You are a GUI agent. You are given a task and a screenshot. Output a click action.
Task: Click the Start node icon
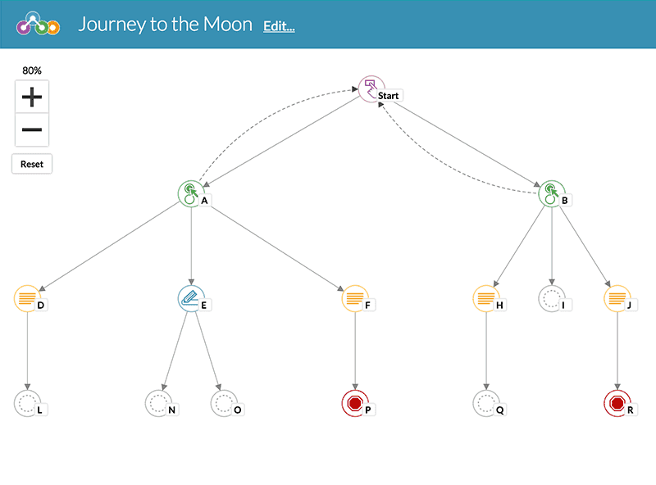tap(371, 88)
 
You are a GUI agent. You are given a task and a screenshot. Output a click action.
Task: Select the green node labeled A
tap(190, 193)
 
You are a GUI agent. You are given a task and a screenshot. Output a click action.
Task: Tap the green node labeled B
tap(551, 193)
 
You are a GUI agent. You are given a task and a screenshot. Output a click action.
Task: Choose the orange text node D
tap(26, 297)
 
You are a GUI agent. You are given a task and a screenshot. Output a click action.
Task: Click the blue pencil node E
tap(190, 297)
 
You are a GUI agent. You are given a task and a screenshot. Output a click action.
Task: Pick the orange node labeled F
tap(354, 297)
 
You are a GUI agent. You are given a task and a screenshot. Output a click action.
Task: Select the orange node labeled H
tap(485, 297)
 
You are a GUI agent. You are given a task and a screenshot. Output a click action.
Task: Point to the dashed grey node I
tap(551, 297)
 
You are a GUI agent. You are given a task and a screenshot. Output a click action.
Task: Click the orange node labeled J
tap(617, 297)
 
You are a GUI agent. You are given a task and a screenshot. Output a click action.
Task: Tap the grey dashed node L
tap(26, 402)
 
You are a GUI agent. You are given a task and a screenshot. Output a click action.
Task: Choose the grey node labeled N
tap(157, 402)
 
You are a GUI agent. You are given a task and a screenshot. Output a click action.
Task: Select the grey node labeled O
tap(223, 402)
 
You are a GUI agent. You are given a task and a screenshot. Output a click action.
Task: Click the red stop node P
tap(354, 402)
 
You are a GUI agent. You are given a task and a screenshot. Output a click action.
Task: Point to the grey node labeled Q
tap(485, 402)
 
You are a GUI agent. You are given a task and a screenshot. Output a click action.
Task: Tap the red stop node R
tap(617, 402)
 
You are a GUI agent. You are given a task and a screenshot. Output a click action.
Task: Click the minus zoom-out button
tap(32, 130)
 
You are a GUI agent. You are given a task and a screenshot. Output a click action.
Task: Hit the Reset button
tap(32, 164)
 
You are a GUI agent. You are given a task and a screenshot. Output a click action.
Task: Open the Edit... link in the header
tap(279, 26)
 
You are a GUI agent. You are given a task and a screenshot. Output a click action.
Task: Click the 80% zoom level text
tap(32, 70)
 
